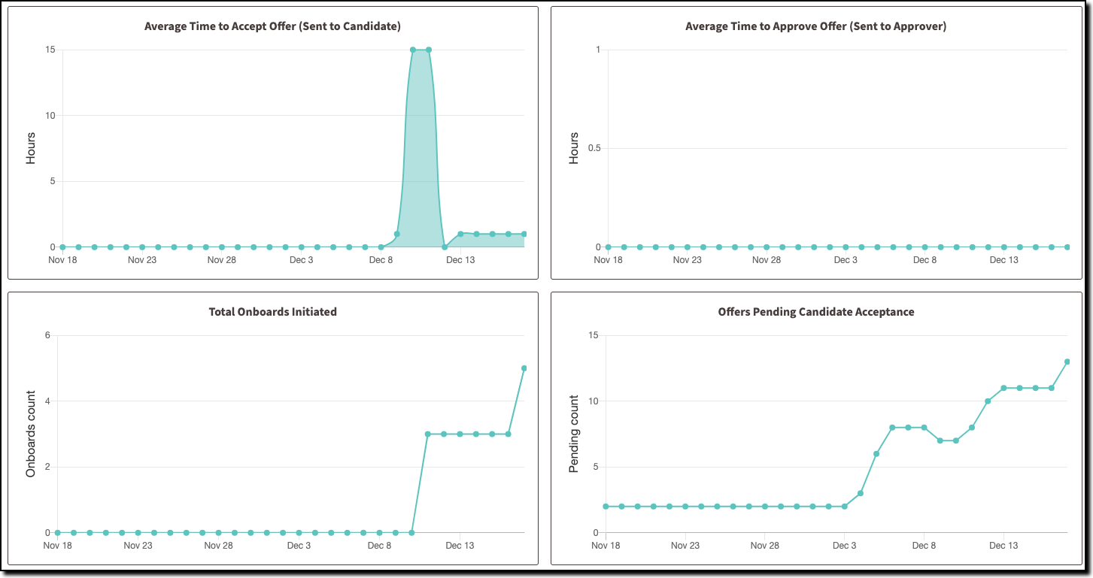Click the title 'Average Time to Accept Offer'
point(272,26)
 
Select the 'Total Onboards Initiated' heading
point(272,312)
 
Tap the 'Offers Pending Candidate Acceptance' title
point(816,312)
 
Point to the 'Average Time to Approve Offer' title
point(816,26)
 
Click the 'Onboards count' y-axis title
point(31,434)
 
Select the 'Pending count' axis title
point(574,434)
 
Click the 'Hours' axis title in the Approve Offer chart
point(574,148)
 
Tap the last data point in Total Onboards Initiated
point(524,368)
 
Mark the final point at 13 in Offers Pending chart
point(1067,362)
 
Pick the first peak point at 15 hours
point(413,50)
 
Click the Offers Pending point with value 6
point(876,453)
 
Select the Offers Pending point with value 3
point(861,493)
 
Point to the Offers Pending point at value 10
point(988,401)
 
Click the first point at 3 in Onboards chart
point(427,434)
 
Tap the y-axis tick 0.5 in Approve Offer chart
point(594,148)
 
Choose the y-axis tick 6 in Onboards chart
point(47,335)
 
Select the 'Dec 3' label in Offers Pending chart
point(845,546)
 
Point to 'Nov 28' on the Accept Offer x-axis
point(221,260)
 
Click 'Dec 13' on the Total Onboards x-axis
point(460,546)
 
